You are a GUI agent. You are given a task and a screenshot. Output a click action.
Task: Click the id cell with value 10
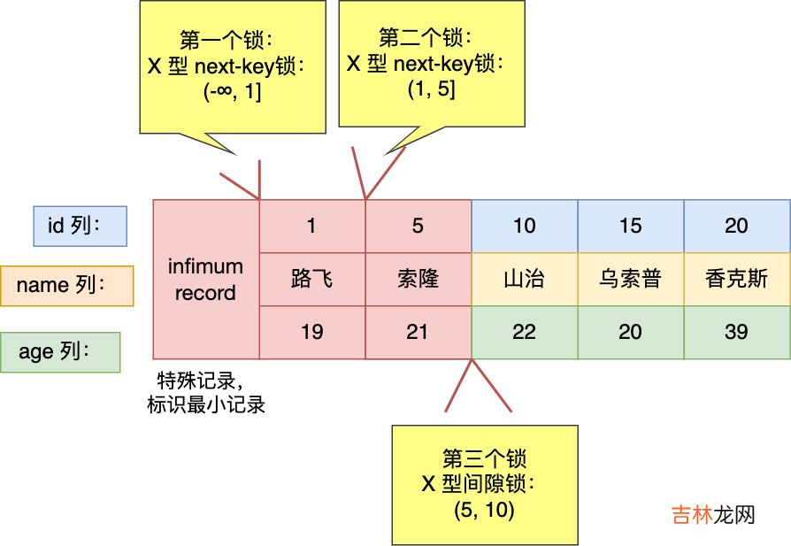click(525, 226)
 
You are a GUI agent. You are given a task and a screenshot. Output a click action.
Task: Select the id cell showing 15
click(631, 226)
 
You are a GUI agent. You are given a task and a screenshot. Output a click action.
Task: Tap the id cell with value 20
click(736, 226)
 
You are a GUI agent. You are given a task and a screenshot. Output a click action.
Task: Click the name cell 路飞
click(311, 280)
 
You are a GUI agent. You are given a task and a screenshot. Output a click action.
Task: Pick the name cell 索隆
click(418, 280)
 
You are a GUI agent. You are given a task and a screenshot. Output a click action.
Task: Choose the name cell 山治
click(525, 280)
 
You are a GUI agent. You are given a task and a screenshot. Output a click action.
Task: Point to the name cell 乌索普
click(631, 280)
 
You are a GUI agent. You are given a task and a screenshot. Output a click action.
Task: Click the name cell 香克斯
click(736, 280)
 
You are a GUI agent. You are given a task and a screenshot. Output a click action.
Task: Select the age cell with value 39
click(736, 332)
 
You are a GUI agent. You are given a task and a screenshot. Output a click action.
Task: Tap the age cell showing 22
click(525, 332)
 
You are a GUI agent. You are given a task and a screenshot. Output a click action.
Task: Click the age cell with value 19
click(311, 332)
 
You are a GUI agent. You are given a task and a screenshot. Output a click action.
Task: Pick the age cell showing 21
click(418, 332)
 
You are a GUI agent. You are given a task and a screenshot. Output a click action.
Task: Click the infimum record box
click(205, 280)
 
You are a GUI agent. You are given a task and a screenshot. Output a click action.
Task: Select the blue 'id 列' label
click(81, 226)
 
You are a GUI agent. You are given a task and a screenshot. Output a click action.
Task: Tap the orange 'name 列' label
click(67, 285)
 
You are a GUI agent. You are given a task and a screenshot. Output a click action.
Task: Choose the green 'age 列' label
click(61, 351)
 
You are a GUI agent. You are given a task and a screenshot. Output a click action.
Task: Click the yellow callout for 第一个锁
click(233, 66)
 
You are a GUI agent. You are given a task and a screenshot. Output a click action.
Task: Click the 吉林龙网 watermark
click(713, 515)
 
